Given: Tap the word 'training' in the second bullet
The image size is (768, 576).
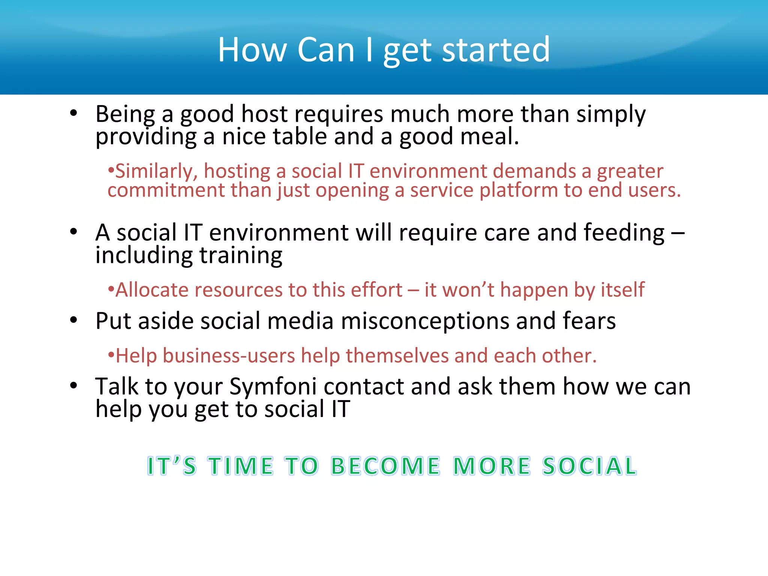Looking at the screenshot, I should point(241,256).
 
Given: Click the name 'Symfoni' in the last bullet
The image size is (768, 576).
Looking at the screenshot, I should point(273,387).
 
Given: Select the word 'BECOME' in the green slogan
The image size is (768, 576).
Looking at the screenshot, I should point(385,466).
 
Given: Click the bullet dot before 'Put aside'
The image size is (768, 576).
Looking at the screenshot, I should point(73,321).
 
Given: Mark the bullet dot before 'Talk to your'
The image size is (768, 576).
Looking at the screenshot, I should point(73,386).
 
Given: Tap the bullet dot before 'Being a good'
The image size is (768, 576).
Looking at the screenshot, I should point(73,113).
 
